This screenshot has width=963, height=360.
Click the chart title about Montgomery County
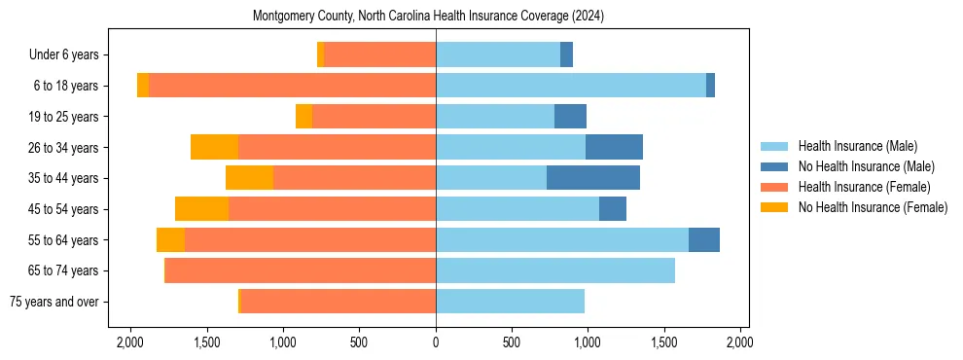[x=429, y=17]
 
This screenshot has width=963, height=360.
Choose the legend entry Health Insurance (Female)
[x=864, y=187]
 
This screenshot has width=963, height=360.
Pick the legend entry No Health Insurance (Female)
[x=873, y=207]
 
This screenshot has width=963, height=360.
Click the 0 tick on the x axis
[x=436, y=343]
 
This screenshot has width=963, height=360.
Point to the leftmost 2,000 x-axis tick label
[x=130, y=343]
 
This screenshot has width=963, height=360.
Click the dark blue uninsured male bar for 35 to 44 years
[x=593, y=178]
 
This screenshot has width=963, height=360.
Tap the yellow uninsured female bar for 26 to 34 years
[x=214, y=147]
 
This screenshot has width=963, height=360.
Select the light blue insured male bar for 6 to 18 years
[x=571, y=86]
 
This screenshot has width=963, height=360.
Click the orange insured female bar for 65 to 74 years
[x=301, y=270]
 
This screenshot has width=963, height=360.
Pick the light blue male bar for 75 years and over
[x=510, y=302]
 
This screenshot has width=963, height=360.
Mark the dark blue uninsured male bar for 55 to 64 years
[x=704, y=239]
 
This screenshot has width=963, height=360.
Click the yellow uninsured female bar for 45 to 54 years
[x=201, y=209]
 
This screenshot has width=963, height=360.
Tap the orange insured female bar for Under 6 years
[x=380, y=55]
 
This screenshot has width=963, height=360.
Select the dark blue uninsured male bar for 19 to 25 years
[x=570, y=117]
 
